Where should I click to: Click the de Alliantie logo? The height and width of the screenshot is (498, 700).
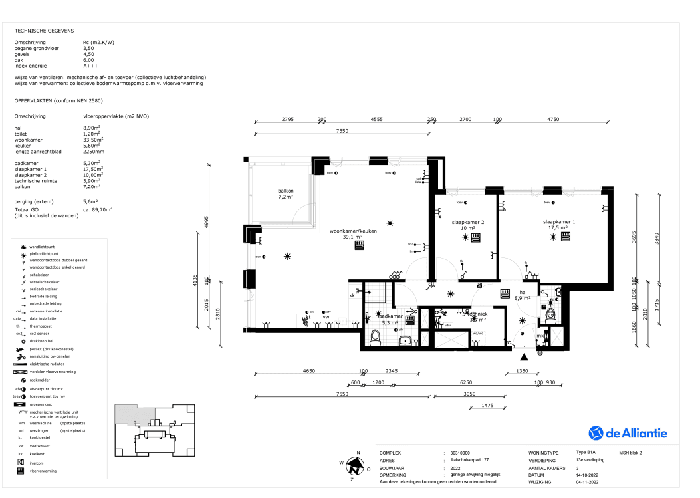tap(628, 434)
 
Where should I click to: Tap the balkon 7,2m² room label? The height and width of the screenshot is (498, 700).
tap(286, 194)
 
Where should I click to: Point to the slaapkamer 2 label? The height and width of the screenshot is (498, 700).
tap(467, 225)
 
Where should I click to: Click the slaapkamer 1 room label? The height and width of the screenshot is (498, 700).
tap(558, 225)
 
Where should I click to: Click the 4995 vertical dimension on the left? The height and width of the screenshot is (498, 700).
tap(207, 222)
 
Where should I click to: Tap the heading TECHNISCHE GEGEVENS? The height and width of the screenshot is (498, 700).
tap(44, 31)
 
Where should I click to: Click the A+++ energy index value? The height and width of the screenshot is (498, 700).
tap(90, 66)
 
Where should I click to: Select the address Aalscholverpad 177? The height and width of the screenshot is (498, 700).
tap(469, 460)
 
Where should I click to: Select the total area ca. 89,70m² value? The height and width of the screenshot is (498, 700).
tap(98, 209)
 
